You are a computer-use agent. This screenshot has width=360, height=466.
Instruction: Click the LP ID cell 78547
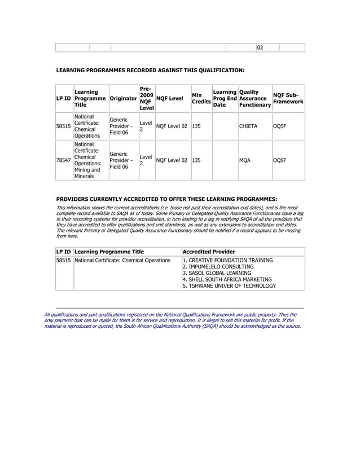[x=63, y=161]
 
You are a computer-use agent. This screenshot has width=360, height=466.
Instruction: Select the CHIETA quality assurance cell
[x=248, y=127]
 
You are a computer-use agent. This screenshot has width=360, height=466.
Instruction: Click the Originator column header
[x=123, y=98]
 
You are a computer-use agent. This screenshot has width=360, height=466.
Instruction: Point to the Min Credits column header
[x=201, y=98]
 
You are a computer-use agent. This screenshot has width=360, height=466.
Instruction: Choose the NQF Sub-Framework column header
[x=288, y=98]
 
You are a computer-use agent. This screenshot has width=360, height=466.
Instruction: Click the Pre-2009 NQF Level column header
[x=146, y=98]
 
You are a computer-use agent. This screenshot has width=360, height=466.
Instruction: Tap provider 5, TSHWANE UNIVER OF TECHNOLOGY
[x=229, y=285]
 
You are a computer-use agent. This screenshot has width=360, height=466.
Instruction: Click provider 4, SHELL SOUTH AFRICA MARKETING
[x=227, y=279]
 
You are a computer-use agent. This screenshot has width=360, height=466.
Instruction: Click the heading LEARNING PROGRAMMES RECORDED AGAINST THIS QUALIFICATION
[x=151, y=71]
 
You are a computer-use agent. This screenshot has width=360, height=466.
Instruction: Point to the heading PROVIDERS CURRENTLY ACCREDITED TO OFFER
[x=167, y=199]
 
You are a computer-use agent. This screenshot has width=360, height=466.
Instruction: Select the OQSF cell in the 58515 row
[x=280, y=127]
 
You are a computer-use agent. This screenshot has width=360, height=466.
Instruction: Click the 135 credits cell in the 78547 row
[x=197, y=161]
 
